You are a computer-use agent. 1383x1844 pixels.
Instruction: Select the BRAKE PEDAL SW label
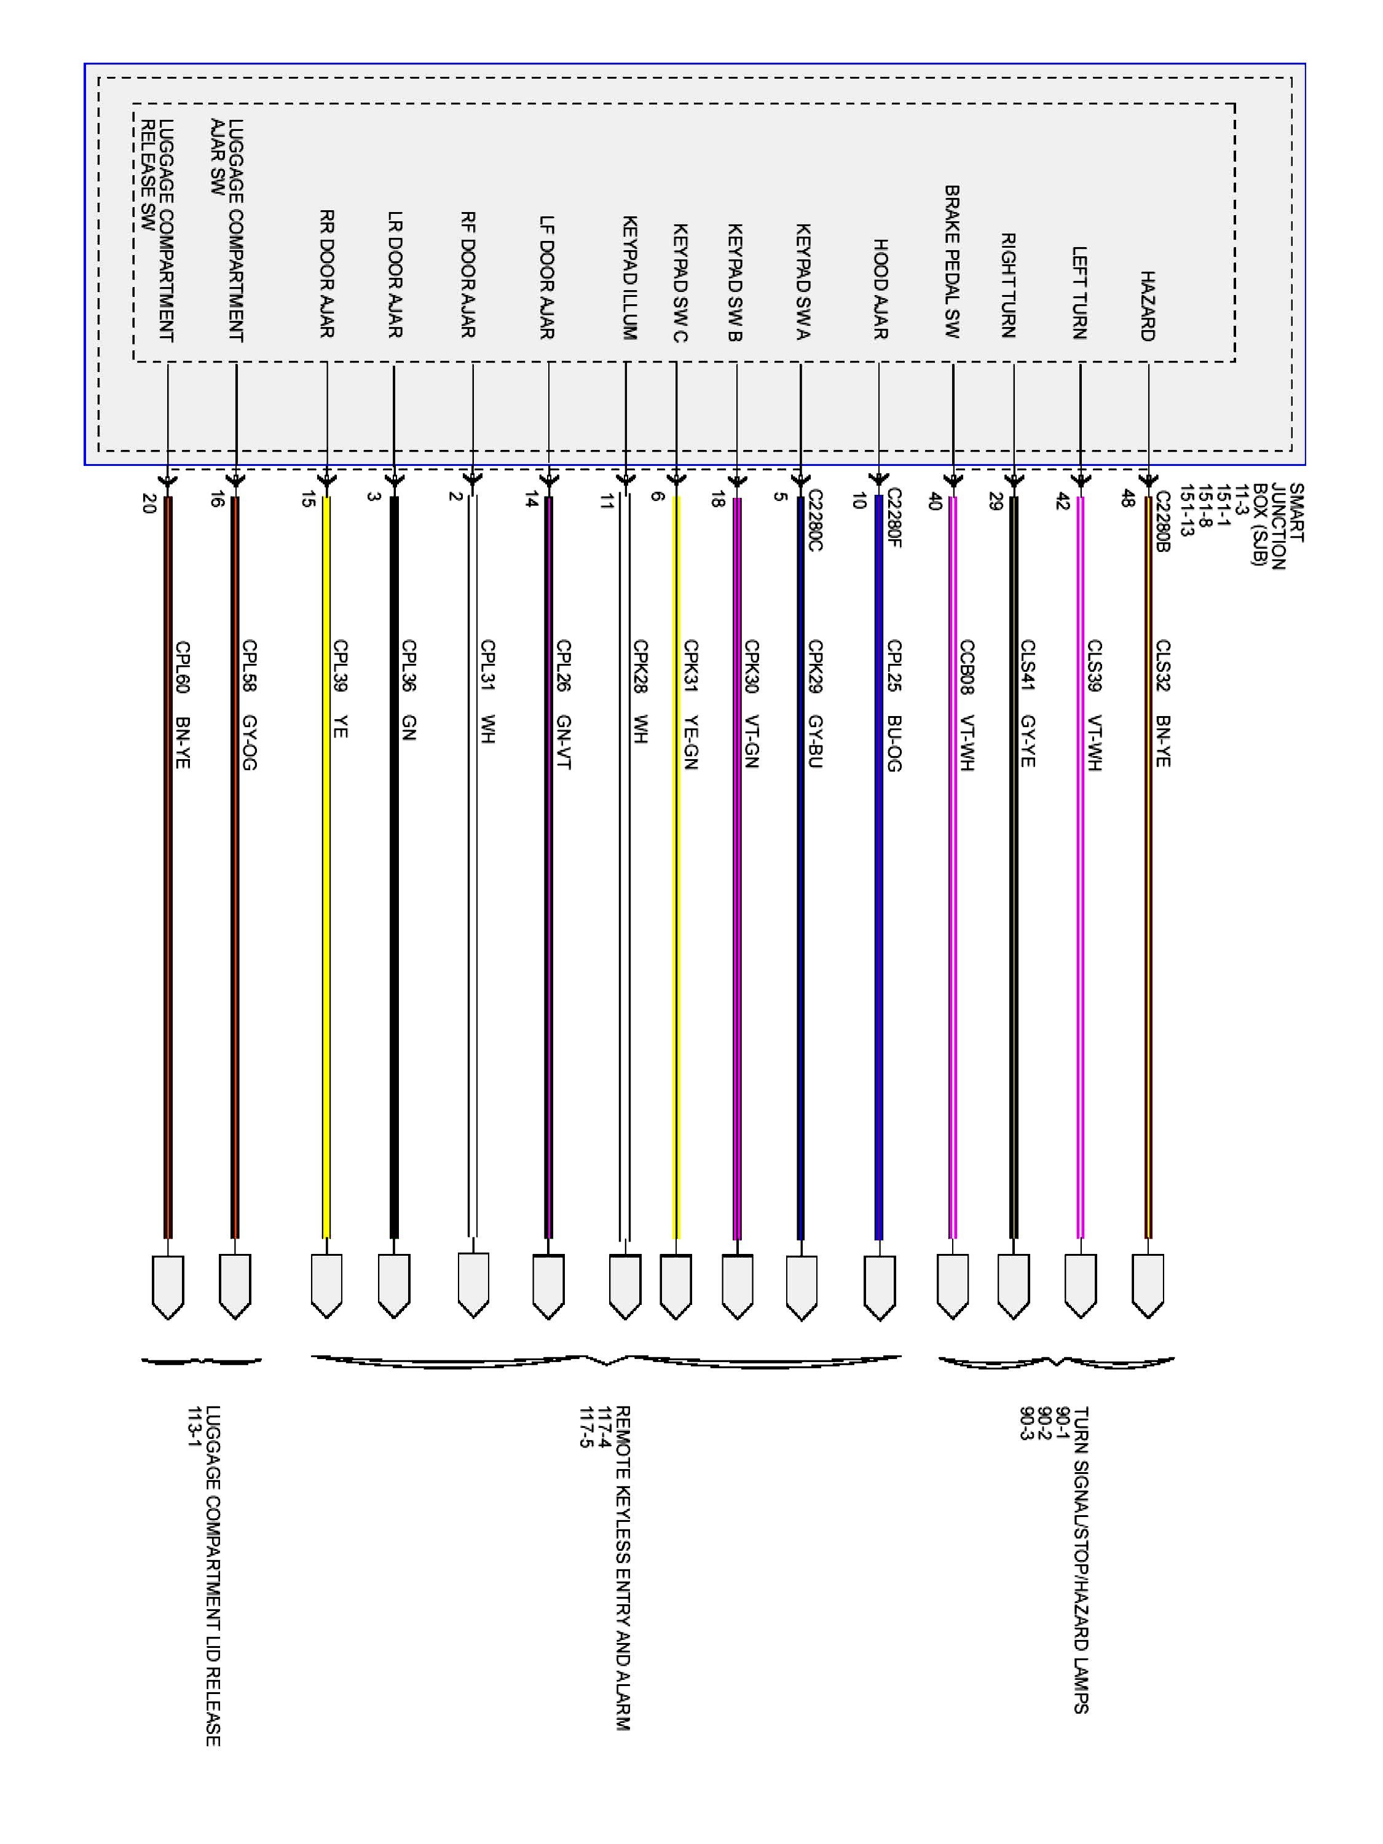click(952, 262)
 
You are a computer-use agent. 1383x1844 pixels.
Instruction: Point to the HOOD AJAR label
click(880, 290)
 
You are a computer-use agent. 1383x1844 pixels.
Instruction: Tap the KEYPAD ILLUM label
click(630, 278)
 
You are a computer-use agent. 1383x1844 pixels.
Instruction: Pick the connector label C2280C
click(814, 520)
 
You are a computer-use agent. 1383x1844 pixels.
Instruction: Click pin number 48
click(1127, 498)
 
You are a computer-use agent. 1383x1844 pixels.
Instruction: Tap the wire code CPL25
click(894, 665)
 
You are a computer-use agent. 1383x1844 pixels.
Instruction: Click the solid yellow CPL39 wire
click(326, 917)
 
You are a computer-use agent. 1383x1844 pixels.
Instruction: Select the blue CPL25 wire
click(878, 917)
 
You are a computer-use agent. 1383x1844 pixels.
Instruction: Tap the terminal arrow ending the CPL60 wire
click(168, 1288)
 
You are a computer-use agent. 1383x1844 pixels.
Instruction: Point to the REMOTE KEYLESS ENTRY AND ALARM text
click(623, 1567)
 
